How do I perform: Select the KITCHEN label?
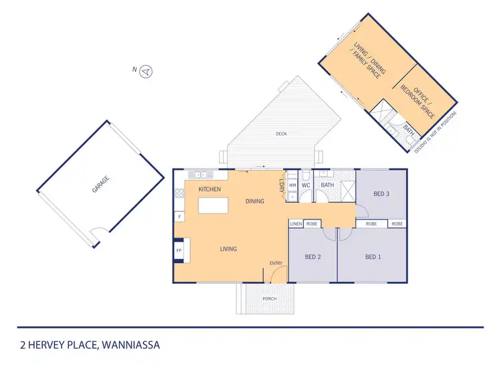point(210,189)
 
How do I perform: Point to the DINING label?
point(255,201)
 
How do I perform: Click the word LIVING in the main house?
point(228,249)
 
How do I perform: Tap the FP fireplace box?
point(179,250)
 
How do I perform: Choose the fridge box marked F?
point(179,216)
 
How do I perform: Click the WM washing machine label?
point(292,185)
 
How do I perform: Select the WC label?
point(305,185)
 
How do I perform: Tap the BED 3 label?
point(381,194)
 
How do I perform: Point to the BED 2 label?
point(313,256)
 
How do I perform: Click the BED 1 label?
point(373,256)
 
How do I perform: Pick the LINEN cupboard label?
point(296,223)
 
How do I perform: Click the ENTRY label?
point(276,263)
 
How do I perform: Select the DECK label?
point(281,134)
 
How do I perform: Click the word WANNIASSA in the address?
point(130,346)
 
